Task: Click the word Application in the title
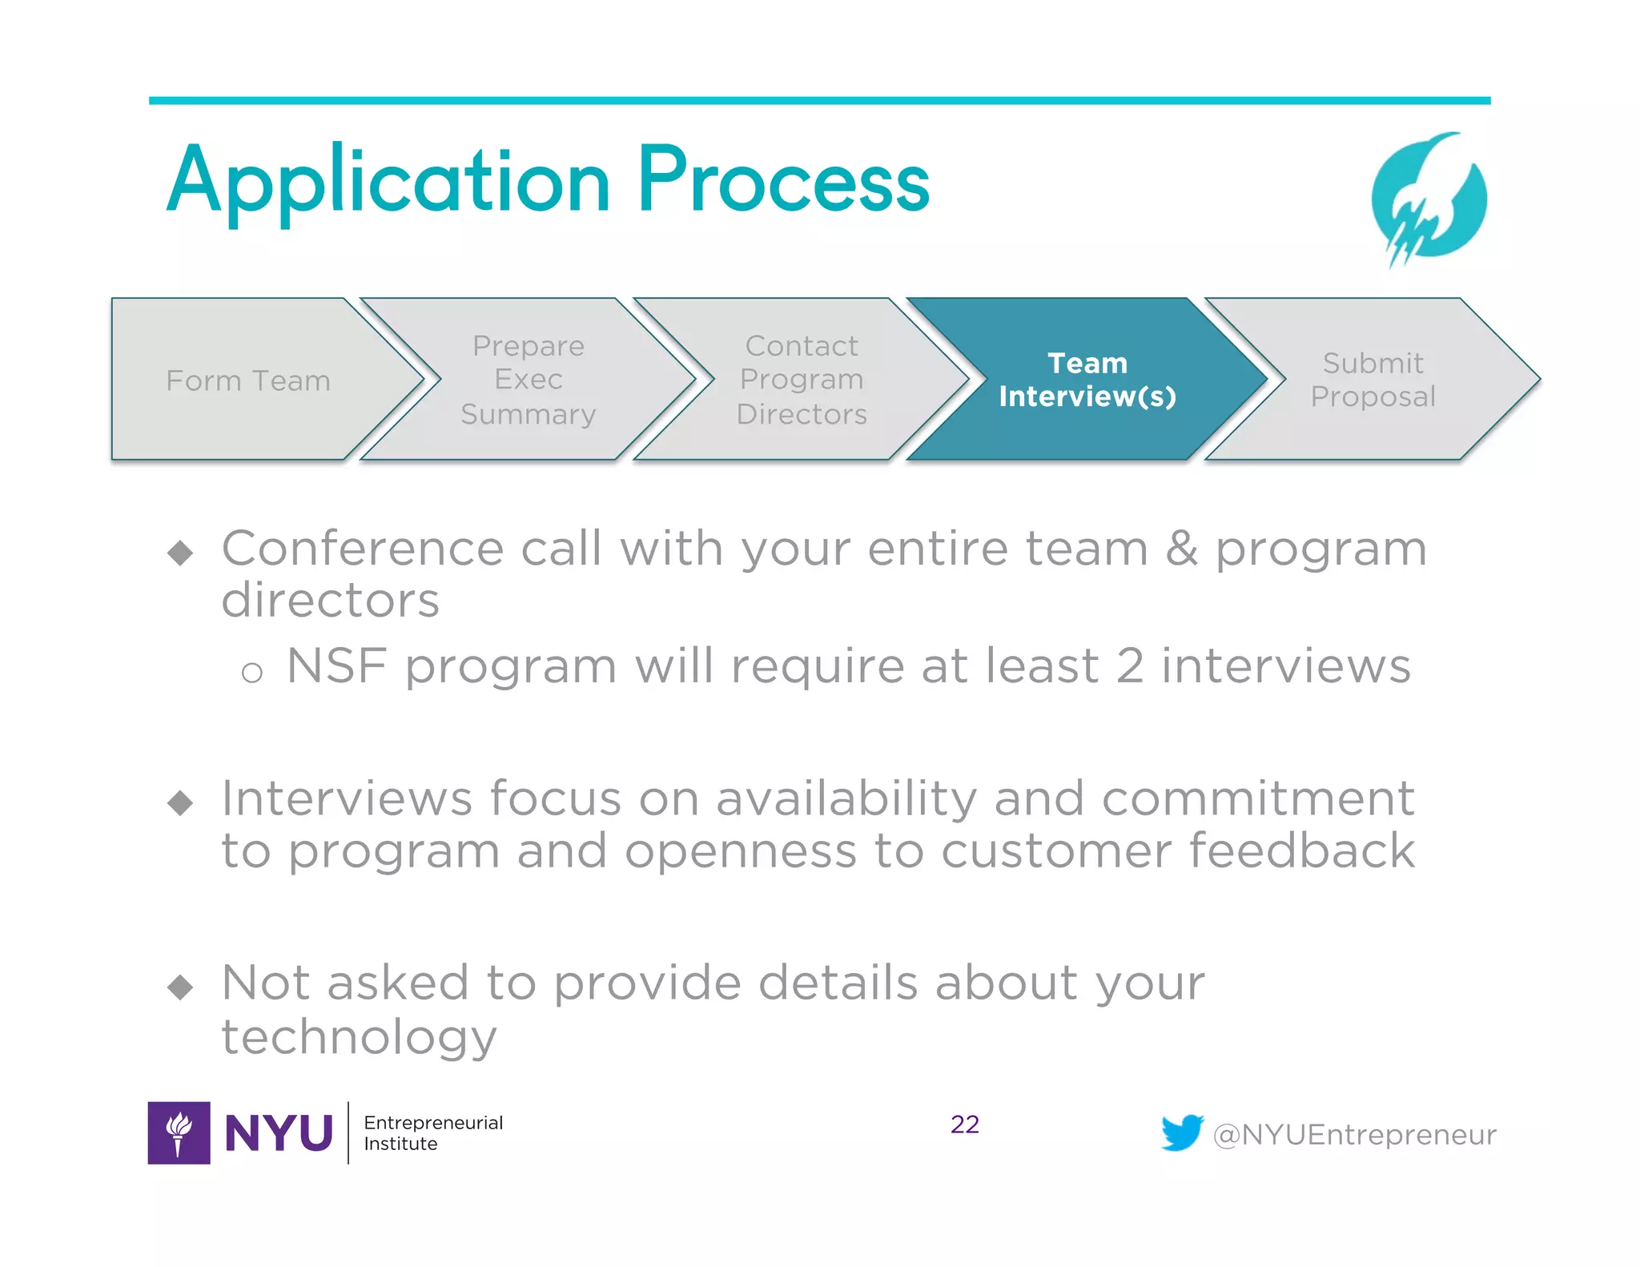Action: (x=388, y=183)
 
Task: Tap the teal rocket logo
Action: (x=1429, y=200)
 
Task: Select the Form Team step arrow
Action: (x=248, y=380)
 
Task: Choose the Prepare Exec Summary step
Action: (x=529, y=380)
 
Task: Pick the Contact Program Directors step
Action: (x=802, y=380)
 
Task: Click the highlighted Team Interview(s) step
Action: (x=1087, y=380)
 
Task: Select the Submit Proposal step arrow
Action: (x=1373, y=380)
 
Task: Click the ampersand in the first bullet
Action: (x=1181, y=549)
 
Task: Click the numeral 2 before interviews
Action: (x=1129, y=666)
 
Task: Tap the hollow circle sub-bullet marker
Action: (x=252, y=673)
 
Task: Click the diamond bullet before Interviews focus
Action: (x=181, y=802)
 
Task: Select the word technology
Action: (x=359, y=1037)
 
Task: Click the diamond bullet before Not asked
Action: (x=181, y=987)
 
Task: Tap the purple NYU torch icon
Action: (x=179, y=1132)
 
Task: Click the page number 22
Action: (x=964, y=1124)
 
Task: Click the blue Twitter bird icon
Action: (x=1182, y=1132)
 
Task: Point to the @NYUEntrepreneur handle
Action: (x=1354, y=1135)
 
